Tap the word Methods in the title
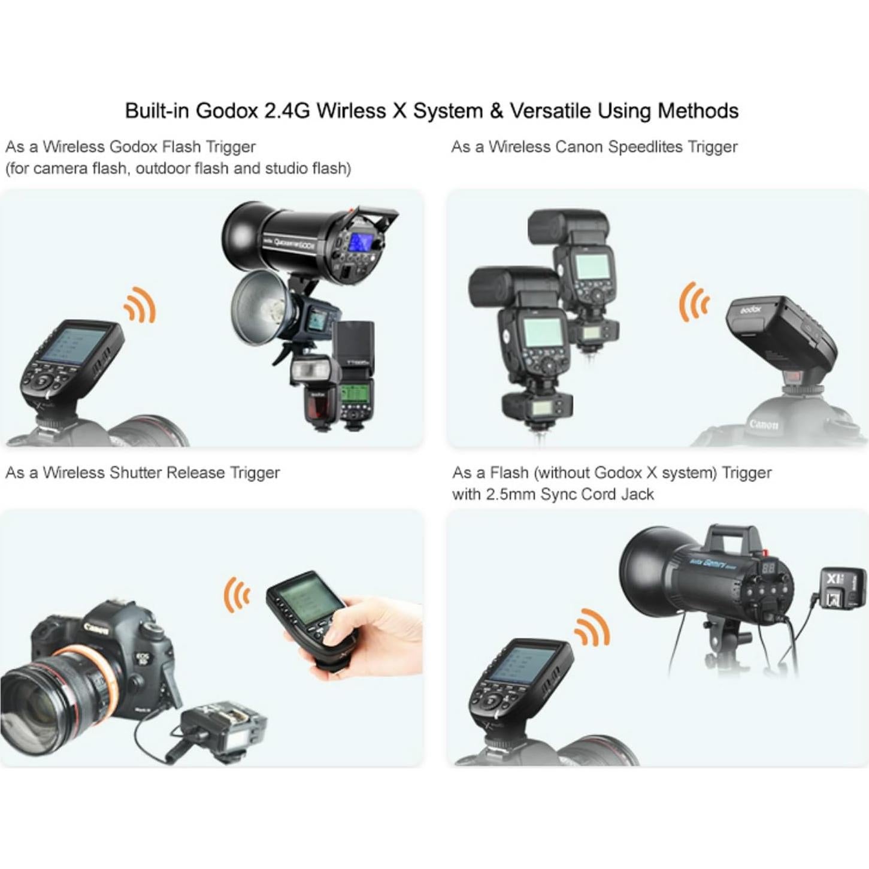(x=698, y=111)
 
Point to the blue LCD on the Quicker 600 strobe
(x=359, y=243)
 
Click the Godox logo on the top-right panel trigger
(x=750, y=310)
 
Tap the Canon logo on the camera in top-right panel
(x=763, y=424)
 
